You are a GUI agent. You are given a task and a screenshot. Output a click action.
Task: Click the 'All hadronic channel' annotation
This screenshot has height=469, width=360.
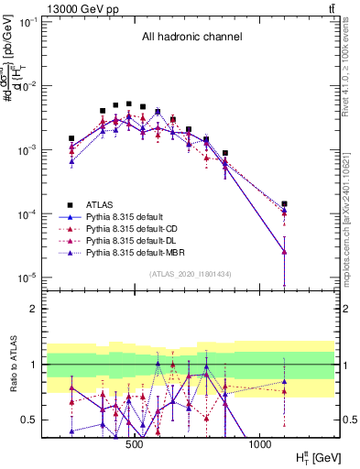click(191, 38)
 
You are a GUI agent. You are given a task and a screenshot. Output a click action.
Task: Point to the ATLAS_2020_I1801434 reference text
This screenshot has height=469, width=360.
click(191, 274)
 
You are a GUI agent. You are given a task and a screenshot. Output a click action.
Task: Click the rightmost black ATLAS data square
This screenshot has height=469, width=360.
click(285, 204)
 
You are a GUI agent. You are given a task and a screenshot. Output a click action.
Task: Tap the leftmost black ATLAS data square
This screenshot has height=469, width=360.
click(71, 138)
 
